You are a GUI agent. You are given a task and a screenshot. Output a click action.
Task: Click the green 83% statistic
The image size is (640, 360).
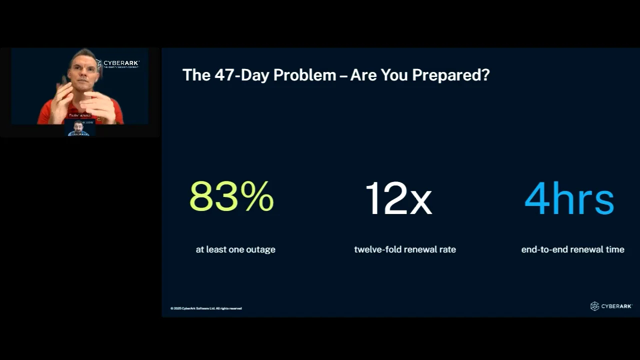click(231, 196)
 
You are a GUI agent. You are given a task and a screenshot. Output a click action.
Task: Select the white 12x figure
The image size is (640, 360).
click(398, 198)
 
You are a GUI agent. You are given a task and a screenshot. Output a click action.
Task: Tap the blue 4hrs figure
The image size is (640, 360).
click(569, 198)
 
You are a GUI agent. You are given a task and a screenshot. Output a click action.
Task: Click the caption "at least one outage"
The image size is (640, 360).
click(235, 249)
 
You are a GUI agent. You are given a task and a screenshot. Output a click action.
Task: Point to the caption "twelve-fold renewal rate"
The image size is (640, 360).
click(405, 249)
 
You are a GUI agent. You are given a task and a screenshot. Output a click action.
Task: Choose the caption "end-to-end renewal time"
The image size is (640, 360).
click(572, 249)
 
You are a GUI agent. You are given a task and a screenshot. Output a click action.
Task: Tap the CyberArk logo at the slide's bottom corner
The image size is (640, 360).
click(611, 306)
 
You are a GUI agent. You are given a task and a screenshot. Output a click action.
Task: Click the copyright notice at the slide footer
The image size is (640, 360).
click(206, 308)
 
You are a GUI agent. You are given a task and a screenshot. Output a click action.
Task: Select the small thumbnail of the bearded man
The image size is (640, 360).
click(79, 128)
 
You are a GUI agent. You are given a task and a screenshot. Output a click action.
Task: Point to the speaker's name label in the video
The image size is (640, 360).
click(80, 115)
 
